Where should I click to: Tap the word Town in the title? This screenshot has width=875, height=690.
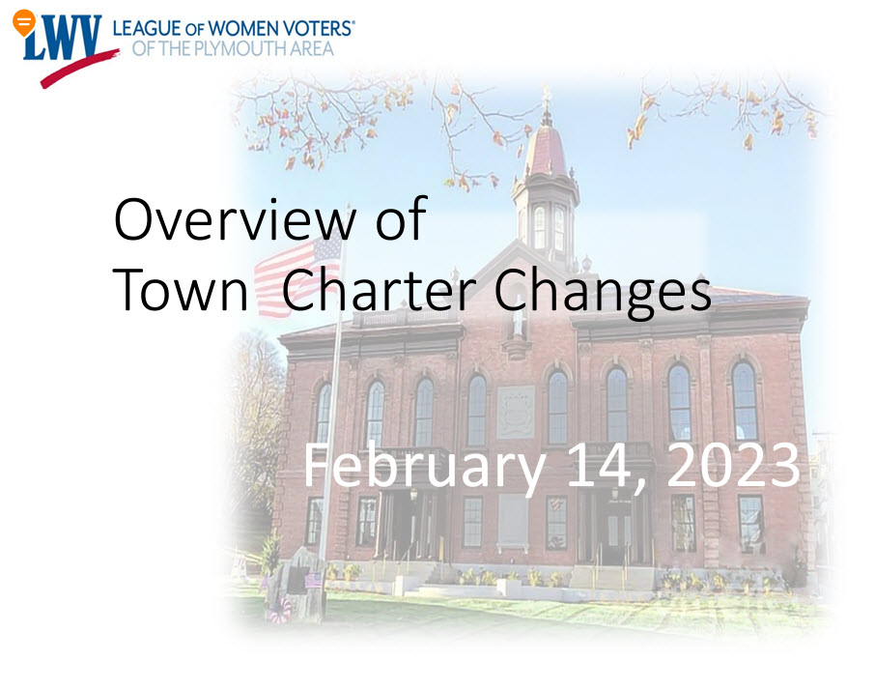(x=181, y=289)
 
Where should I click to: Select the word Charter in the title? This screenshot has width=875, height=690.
(x=379, y=289)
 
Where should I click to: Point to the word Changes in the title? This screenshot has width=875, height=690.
(x=603, y=292)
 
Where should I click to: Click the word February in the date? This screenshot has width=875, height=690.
(x=425, y=467)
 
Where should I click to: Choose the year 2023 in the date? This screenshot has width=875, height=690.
(x=733, y=465)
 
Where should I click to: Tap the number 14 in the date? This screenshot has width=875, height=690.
(x=607, y=467)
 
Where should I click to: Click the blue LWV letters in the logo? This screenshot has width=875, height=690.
(x=63, y=38)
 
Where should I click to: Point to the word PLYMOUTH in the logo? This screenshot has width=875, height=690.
(x=234, y=48)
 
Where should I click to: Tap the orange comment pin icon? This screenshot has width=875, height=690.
(x=23, y=23)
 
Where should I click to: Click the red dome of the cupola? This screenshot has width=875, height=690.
(x=546, y=150)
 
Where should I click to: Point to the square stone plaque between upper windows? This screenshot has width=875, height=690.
(x=516, y=413)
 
